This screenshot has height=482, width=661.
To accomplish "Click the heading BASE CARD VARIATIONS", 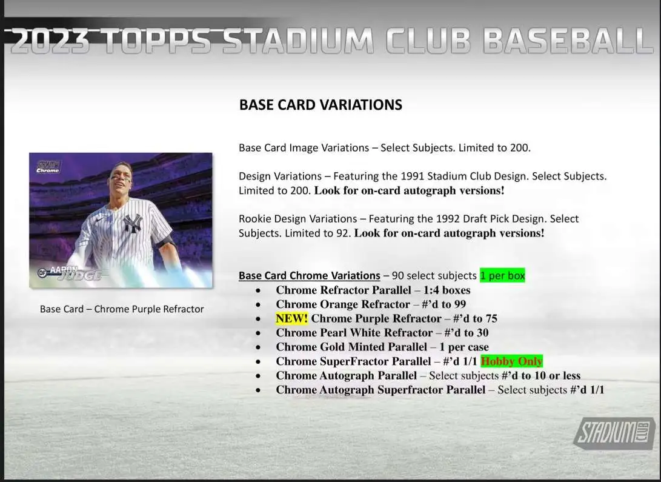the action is point(321,104).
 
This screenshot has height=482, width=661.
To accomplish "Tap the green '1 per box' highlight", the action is point(502,275).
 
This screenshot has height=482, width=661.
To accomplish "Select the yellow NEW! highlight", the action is point(291,318).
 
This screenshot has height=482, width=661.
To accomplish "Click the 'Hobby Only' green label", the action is point(512,361).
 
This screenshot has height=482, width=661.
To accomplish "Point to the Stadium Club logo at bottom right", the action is point(614,433).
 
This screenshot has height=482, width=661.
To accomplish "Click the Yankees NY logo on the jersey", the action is point(132,223).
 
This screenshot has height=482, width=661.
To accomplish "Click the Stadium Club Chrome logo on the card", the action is point(48,166).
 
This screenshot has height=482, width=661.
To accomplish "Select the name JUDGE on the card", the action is point(80,276).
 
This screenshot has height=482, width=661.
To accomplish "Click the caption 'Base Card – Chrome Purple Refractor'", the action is point(122,309).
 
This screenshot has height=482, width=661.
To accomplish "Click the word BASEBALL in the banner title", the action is point(568,41).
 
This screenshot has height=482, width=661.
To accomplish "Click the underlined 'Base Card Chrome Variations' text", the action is point(310,275).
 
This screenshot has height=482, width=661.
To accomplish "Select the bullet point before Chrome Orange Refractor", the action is point(258,304).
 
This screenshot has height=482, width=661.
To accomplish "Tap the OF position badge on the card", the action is point(42,273).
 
